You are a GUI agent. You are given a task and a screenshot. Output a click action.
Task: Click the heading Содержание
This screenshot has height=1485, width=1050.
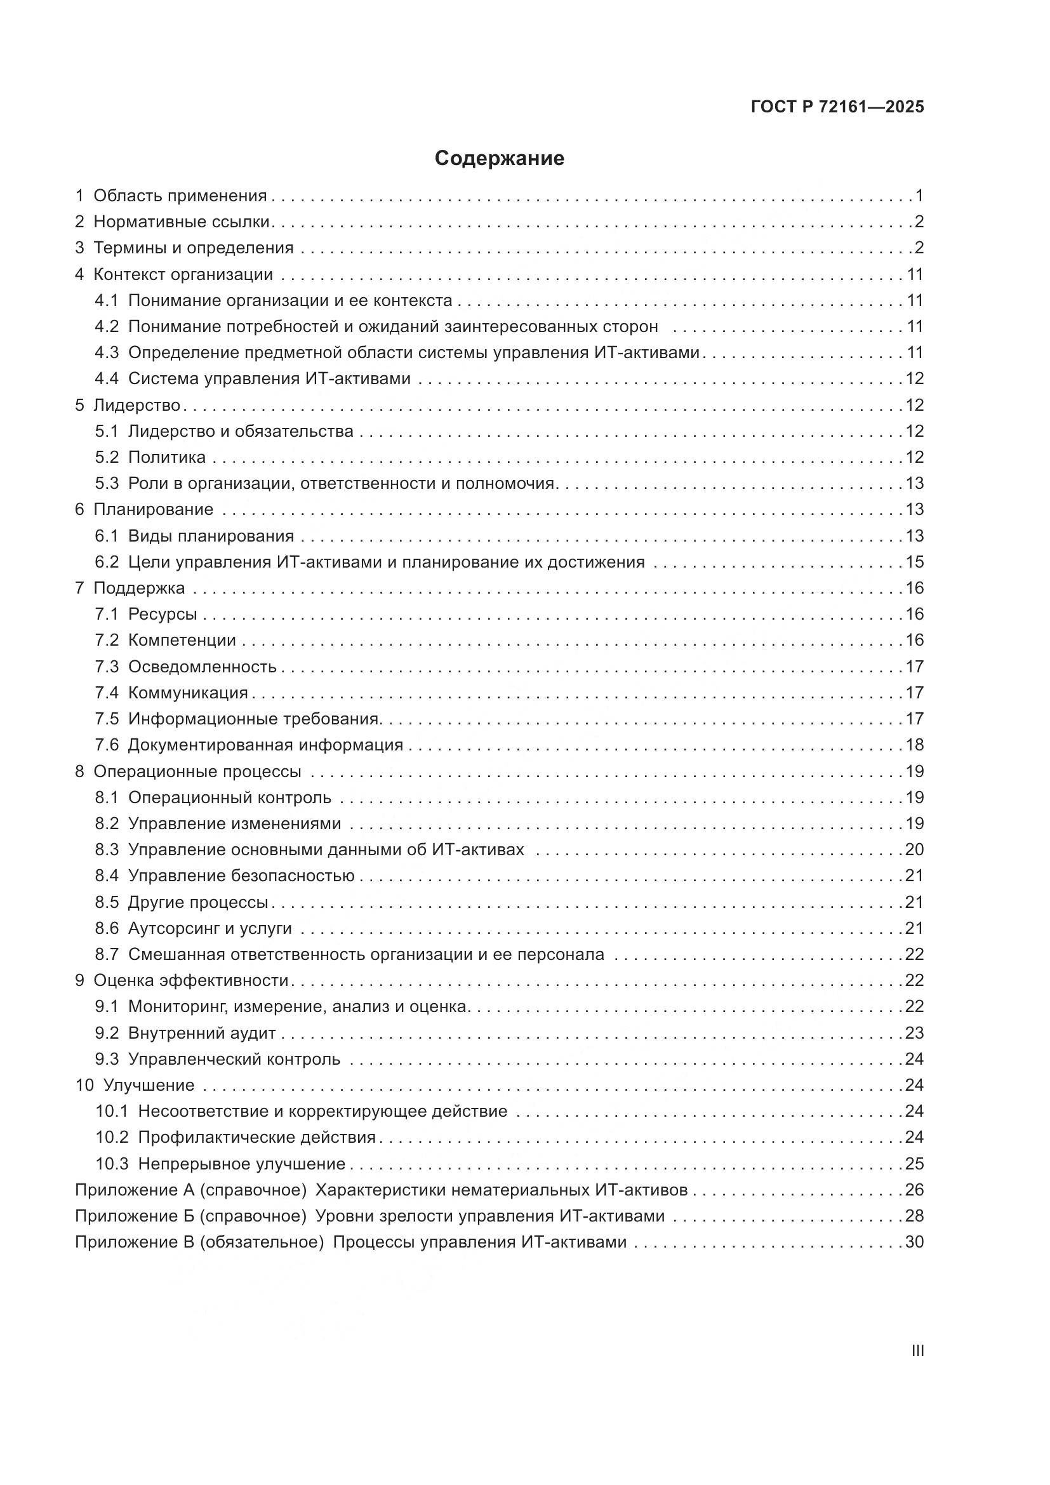pos(499,159)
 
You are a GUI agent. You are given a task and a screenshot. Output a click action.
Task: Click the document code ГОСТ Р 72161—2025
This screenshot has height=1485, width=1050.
pos(837,107)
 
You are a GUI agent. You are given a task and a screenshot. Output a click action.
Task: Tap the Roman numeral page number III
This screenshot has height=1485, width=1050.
pos(917,1351)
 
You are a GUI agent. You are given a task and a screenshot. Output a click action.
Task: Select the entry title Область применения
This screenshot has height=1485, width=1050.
pos(180,196)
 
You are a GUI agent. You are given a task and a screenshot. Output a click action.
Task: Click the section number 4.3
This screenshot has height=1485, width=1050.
pos(107,352)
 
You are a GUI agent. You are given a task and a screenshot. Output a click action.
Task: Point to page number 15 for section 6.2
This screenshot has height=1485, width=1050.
pos(914,562)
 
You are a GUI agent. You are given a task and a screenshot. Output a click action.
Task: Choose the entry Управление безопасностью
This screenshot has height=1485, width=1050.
pos(241,876)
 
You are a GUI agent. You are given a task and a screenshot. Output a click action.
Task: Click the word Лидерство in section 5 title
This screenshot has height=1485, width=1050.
pos(136,406)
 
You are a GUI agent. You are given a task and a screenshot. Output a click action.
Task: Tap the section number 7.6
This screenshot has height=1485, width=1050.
pos(107,745)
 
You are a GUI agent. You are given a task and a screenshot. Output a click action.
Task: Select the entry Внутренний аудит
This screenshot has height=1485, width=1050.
pos(202,1033)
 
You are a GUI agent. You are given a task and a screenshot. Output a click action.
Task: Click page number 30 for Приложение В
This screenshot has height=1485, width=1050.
pos(914,1242)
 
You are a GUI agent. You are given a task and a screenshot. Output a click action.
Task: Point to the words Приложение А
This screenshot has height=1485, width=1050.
pos(133,1190)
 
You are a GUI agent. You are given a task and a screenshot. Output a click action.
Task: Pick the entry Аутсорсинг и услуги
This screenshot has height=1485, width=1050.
pos(209,929)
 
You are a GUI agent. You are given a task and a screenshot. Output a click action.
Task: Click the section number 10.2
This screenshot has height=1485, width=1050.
pos(112,1138)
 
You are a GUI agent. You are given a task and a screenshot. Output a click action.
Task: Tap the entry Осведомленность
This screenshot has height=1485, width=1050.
pos(202,667)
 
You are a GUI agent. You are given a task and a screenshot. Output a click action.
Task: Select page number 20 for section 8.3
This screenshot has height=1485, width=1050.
pos(914,850)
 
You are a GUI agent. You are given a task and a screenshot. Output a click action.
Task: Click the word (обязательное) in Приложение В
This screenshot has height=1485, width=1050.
pos(261,1242)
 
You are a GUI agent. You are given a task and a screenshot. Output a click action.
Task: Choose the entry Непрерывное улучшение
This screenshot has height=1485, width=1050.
pos(241,1164)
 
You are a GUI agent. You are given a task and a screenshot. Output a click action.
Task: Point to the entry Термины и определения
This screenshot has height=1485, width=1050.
pos(194,248)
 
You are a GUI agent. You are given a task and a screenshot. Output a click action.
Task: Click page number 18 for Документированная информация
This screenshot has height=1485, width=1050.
pos(914,745)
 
